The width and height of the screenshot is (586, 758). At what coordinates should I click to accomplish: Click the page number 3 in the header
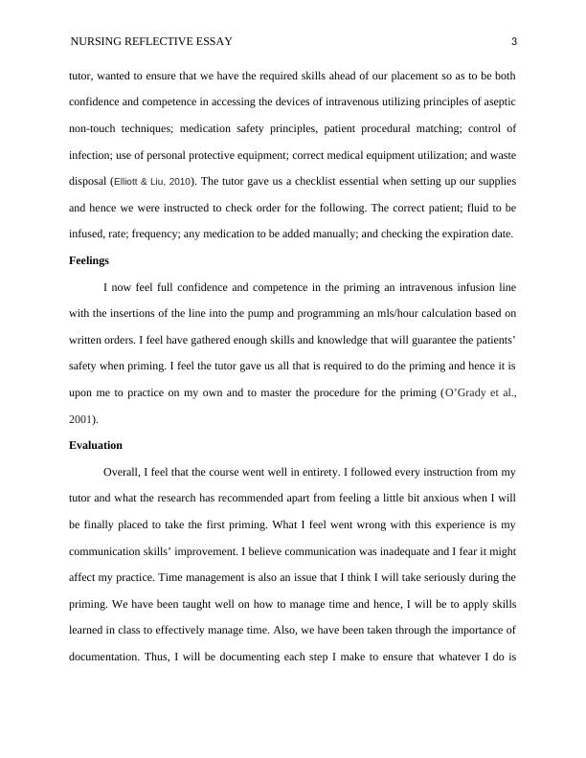coord(514,41)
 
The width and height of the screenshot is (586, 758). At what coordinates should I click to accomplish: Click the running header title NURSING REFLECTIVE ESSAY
coord(151,41)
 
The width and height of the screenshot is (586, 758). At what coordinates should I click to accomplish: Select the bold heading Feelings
coord(89,260)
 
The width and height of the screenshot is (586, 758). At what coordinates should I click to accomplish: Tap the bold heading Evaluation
coord(96,446)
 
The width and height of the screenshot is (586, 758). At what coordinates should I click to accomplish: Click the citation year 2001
coord(82,419)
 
